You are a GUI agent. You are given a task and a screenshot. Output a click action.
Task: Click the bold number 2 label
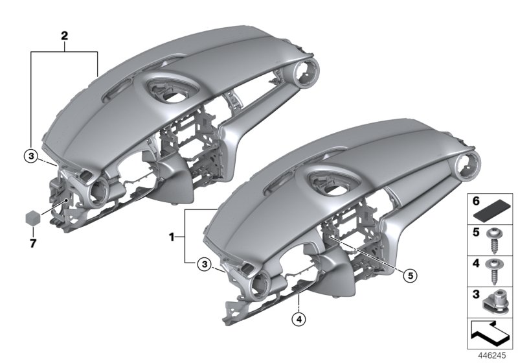64,36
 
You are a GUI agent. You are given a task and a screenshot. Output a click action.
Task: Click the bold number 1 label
172,237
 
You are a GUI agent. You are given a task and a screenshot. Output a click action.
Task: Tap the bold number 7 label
33,244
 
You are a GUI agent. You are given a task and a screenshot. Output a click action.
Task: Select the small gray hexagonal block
33,218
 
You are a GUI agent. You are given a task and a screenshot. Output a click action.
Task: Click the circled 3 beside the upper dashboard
31,156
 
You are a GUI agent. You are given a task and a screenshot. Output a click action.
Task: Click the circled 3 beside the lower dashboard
205,264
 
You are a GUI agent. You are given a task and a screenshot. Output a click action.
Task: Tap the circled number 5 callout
410,275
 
